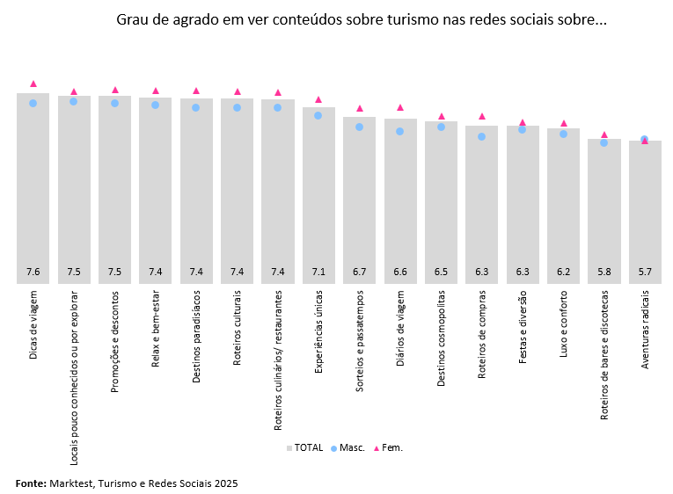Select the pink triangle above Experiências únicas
point(318,99)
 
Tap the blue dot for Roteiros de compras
point(481,136)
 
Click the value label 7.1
point(318,272)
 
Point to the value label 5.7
point(645,272)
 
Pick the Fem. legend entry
point(388,447)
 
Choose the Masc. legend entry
point(347,447)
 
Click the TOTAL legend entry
point(304,447)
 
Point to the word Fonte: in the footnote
point(31,483)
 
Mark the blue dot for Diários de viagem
point(400,131)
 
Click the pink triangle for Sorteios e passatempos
point(359,108)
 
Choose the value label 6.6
point(400,272)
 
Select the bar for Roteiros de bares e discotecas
point(604,211)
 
